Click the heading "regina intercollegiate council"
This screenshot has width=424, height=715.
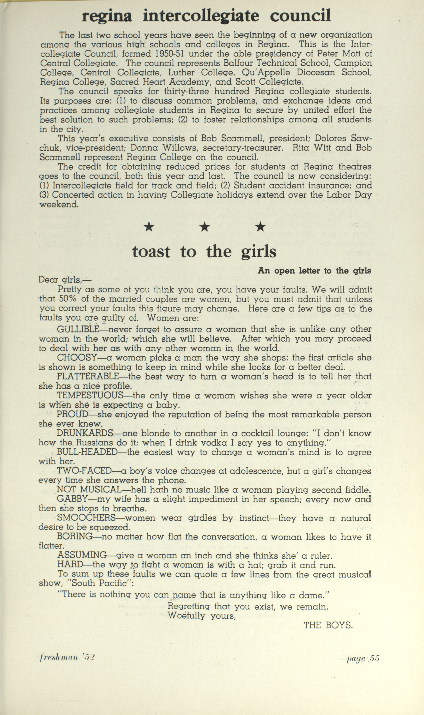(x=206, y=16)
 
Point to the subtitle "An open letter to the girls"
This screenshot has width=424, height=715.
(x=314, y=271)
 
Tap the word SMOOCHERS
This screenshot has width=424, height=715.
(x=86, y=518)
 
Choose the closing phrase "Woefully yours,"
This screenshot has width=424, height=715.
(x=201, y=615)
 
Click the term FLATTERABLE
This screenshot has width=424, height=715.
(x=88, y=376)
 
